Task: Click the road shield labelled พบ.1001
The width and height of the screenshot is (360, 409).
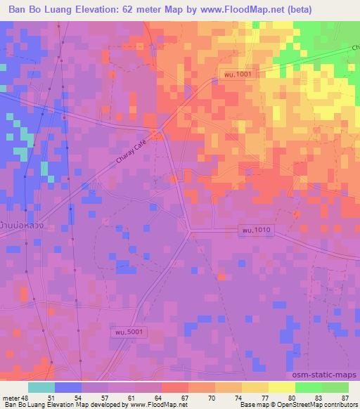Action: pyautogui.click(x=231, y=73)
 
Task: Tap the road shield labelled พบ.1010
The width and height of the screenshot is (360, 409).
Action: pyautogui.click(x=255, y=230)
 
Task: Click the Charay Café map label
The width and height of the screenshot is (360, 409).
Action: pyautogui.click(x=133, y=162)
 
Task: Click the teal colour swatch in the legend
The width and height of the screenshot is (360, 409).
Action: pyautogui.click(x=41, y=387)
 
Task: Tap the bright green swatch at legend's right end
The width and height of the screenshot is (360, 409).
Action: pyautogui.click(x=335, y=387)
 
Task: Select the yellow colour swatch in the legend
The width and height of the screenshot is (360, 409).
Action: pyautogui.click(x=281, y=387)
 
